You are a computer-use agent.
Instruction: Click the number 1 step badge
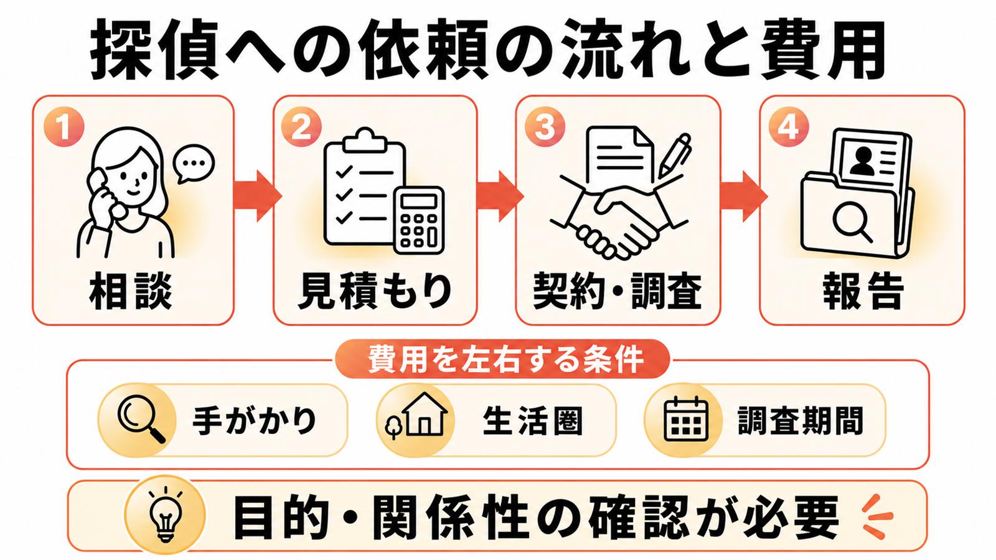click(64, 127)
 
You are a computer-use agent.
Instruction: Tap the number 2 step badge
click(301, 127)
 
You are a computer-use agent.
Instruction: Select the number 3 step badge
click(545, 127)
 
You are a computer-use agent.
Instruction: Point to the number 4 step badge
click(788, 127)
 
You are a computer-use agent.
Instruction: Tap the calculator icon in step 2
click(420, 220)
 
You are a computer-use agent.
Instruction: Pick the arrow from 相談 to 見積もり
click(258, 195)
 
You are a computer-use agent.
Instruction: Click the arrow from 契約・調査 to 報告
click(743, 195)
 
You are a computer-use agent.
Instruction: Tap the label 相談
click(131, 292)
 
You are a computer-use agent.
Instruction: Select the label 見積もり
click(375, 292)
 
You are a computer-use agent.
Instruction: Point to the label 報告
click(863, 292)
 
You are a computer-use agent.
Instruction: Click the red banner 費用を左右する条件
click(502, 359)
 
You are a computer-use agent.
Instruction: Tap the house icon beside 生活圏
click(416, 415)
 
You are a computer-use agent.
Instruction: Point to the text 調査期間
click(801, 421)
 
